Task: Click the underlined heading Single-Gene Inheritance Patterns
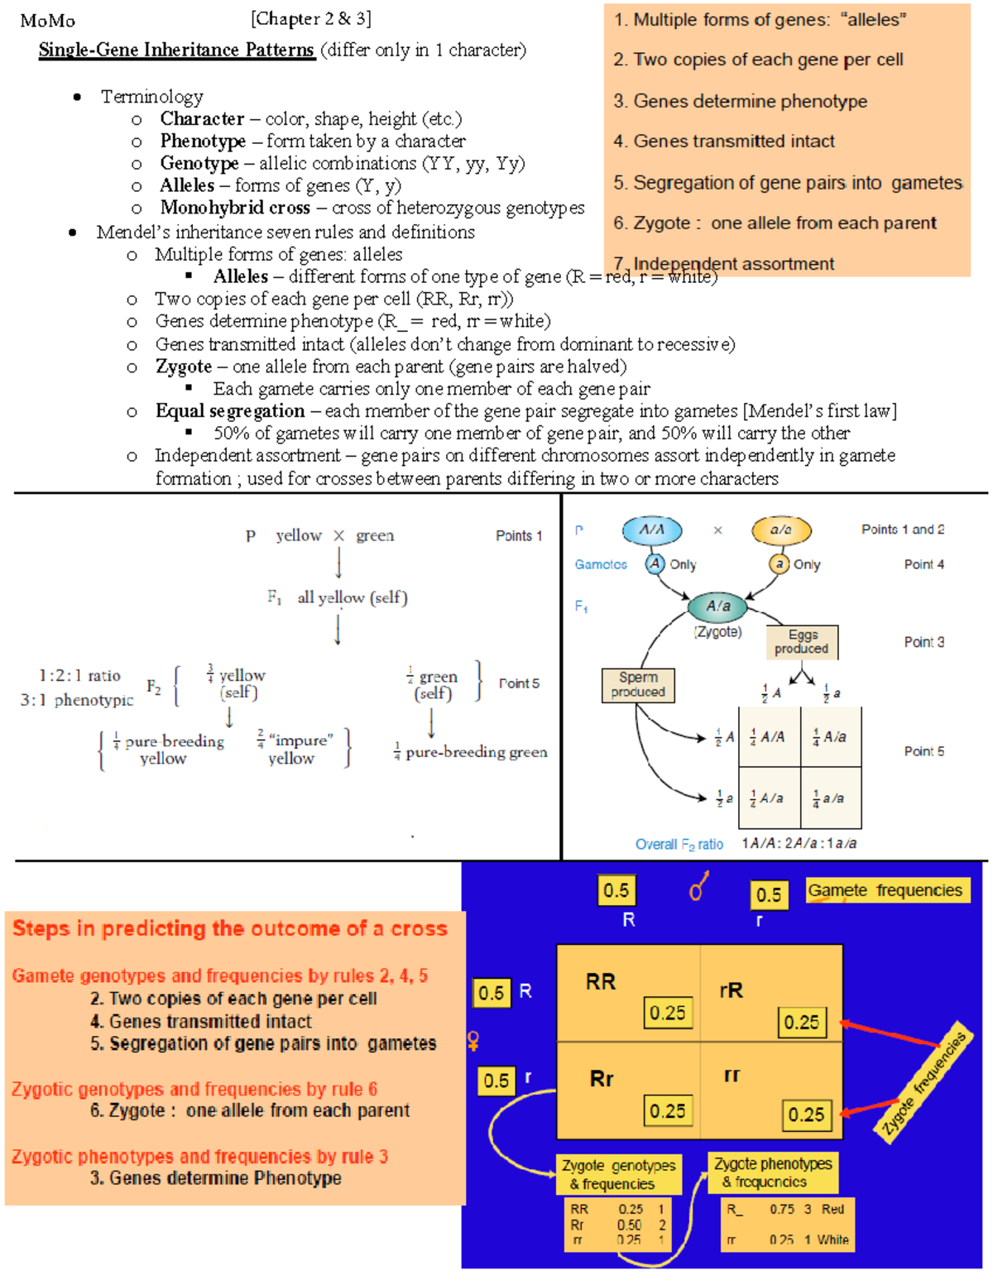[176, 50]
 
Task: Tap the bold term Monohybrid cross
[235, 208]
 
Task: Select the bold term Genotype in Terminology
[199, 164]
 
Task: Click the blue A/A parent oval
[652, 530]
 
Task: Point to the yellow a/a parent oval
[780, 530]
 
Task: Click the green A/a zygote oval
[717, 607]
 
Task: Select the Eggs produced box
[802, 642]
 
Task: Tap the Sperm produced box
[638, 685]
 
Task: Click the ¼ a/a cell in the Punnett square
[830, 798]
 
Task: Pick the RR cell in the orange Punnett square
[602, 982]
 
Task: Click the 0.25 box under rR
[801, 1022]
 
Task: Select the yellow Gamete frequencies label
[885, 890]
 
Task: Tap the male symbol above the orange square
[698, 886]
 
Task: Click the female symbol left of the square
[473, 1040]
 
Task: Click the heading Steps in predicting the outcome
[230, 928]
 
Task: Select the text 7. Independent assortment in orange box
[733, 264]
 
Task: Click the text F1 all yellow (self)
[338, 597]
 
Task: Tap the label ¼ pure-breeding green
[470, 752]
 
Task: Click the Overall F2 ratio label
[679, 844]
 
